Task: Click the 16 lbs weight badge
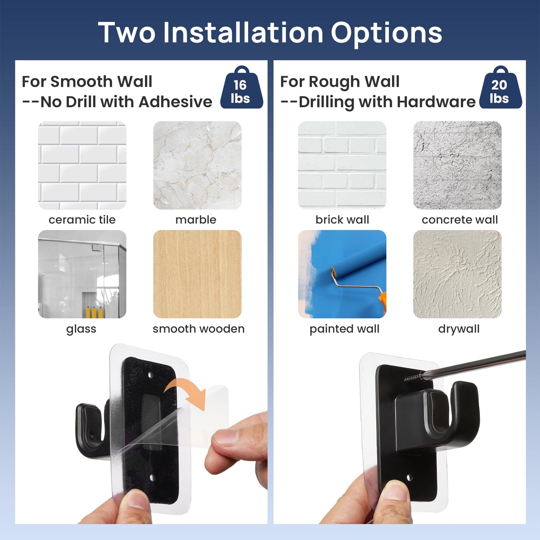point(241,89)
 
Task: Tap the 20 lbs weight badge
point(500,89)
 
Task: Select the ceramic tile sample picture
point(82,165)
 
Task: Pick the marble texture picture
point(197,165)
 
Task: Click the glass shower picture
point(82,274)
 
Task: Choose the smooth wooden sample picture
point(197,274)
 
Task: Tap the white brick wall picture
point(342,165)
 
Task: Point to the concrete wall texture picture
point(457,165)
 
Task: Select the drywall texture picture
point(457,274)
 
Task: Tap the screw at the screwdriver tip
point(413,378)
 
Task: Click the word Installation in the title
point(243,33)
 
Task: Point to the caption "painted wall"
point(344,329)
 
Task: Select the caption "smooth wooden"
point(198,329)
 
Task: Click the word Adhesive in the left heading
point(175,102)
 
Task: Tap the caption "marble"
point(196,220)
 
